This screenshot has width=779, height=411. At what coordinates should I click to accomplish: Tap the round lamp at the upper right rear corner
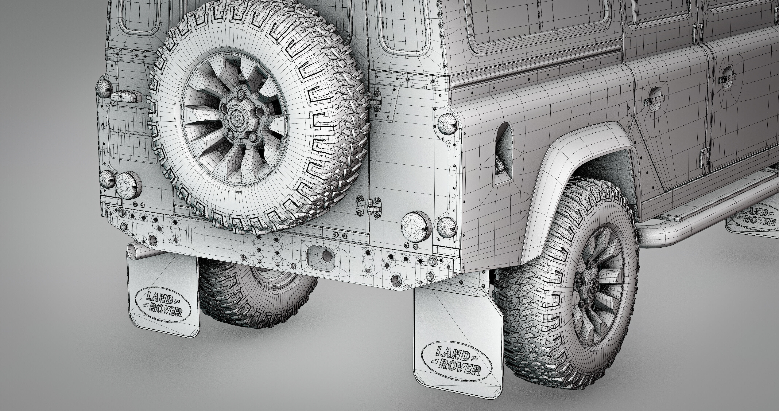click(447, 124)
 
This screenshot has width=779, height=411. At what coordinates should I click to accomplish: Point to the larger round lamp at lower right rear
click(416, 224)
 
